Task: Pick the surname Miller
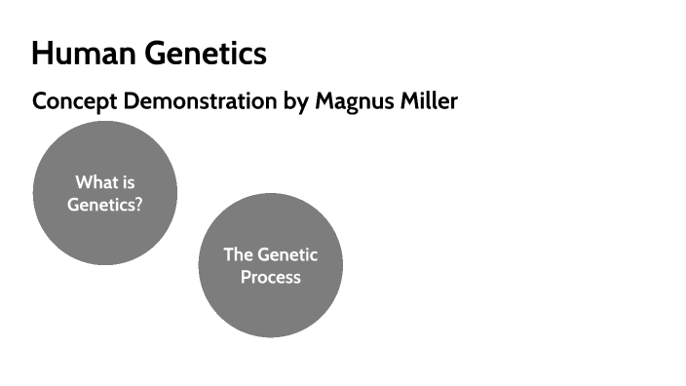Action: [426, 101]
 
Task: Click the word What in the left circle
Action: [95, 182]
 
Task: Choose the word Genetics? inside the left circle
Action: [105, 205]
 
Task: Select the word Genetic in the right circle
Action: [287, 254]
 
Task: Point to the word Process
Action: [271, 277]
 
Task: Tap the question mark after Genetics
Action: [138, 205]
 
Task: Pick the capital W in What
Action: [84, 182]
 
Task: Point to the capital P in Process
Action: [247, 277]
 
